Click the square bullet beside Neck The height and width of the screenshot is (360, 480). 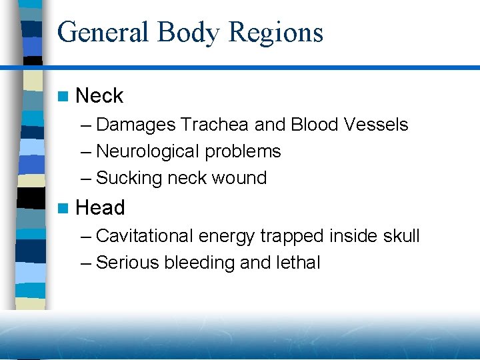pyautogui.click(x=63, y=97)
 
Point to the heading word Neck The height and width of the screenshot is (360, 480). pyautogui.click(x=99, y=96)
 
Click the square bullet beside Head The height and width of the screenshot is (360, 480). pyautogui.click(x=63, y=209)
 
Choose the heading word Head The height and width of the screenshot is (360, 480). pyautogui.click(x=100, y=208)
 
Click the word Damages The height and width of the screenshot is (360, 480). pyautogui.click(x=136, y=125)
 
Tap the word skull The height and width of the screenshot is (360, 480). pyautogui.click(x=401, y=236)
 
